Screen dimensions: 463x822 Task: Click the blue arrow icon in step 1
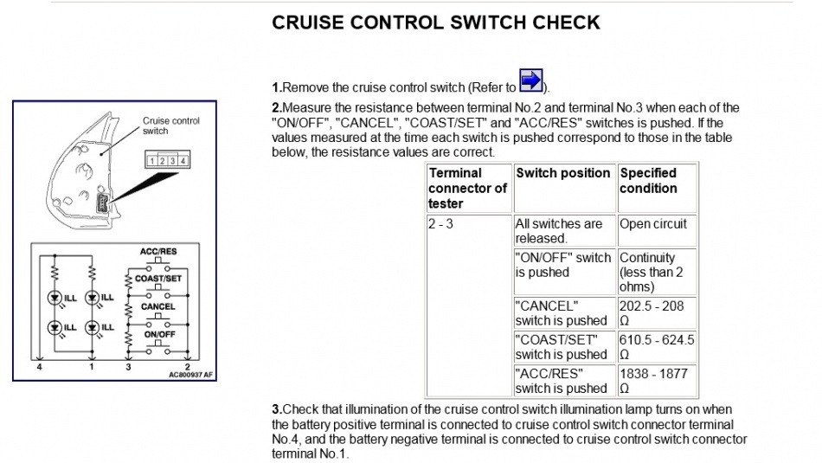coord(530,80)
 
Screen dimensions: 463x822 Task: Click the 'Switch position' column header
coord(563,173)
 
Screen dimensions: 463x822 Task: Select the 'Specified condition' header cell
coord(648,180)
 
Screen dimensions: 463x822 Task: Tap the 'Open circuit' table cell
coord(653,224)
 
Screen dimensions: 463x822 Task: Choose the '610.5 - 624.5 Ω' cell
coord(656,346)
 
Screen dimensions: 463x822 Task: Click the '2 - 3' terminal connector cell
coord(441,224)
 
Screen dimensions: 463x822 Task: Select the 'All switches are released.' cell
coord(558,231)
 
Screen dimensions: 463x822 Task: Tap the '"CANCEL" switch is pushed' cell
coord(561,312)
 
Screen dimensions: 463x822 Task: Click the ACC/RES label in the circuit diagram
coord(158,252)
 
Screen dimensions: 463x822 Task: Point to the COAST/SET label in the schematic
coord(158,279)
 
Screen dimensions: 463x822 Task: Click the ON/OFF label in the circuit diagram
coord(158,333)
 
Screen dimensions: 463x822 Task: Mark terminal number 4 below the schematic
coord(39,367)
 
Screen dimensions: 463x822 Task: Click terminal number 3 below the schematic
coord(128,367)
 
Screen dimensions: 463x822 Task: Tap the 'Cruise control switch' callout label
coord(170,125)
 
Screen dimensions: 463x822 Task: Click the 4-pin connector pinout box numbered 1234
coord(167,161)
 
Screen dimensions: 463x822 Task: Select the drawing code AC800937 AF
coord(190,376)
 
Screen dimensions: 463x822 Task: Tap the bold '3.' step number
coord(277,409)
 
